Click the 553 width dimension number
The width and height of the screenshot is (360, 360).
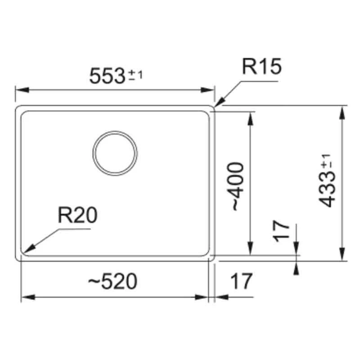107,76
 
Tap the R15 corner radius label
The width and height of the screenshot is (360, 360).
262,66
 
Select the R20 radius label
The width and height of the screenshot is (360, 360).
77,215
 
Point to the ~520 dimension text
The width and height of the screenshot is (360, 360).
113,281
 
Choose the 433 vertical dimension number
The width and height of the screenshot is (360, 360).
327,189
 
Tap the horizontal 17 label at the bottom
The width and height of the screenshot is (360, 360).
241,281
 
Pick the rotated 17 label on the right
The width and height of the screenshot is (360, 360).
281,231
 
